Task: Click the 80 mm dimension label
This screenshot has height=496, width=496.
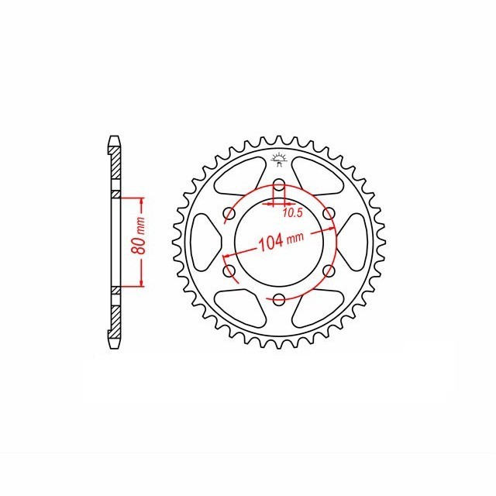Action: (139, 243)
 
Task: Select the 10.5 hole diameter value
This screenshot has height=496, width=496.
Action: (292, 212)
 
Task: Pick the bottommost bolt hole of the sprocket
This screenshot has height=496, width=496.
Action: (279, 299)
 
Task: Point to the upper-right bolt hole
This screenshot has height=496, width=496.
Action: (329, 214)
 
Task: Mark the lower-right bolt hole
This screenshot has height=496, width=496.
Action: (329, 270)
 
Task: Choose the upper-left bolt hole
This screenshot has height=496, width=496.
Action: (229, 214)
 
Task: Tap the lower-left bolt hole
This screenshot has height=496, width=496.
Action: (229, 270)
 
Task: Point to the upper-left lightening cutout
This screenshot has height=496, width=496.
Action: (240, 177)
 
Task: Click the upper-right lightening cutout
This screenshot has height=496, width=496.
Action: (318, 177)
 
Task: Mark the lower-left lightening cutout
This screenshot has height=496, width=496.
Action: (240, 307)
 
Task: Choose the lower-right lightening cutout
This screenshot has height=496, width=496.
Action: (318, 307)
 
